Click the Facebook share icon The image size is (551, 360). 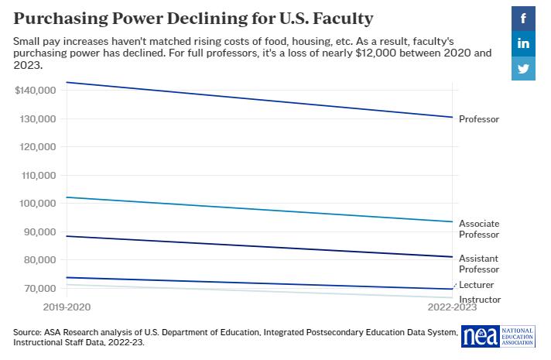tap(524, 19)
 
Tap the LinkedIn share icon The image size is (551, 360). tap(524, 43)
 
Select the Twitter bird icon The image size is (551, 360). tap(524, 68)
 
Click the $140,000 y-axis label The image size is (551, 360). tap(35, 91)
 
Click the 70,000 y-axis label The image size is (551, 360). tap(39, 288)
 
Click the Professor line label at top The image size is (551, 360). tap(479, 119)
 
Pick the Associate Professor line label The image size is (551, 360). tap(479, 229)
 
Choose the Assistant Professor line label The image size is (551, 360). tap(479, 263)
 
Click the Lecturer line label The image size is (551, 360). tap(476, 285)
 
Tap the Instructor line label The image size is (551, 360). tap(480, 300)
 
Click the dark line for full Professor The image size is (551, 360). tap(255, 99)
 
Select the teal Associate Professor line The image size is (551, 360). tap(255, 209)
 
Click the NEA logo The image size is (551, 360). tap(503, 336)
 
